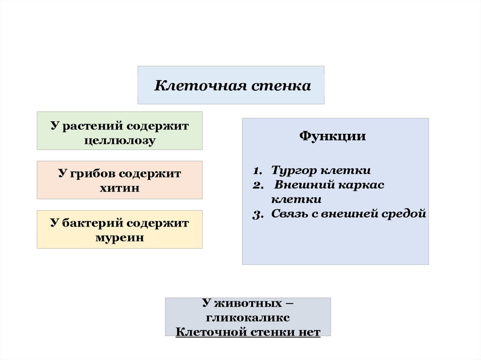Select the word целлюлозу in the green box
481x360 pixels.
tap(120, 140)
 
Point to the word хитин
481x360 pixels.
tap(120, 188)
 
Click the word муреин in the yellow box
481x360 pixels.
tap(120, 237)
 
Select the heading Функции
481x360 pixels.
tap(333, 136)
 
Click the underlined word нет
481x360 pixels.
tap(309, 332)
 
